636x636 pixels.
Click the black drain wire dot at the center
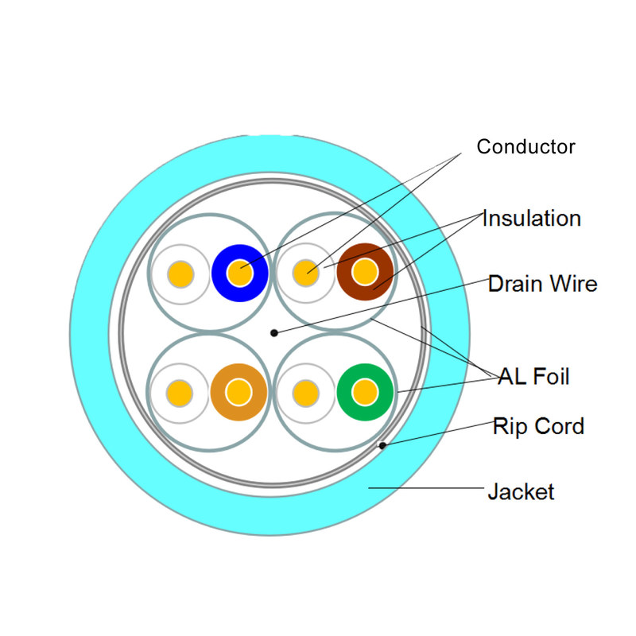[273, 332]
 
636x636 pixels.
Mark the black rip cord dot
[382, 445]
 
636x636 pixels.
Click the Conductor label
[525, 147]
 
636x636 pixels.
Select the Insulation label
[532, 218]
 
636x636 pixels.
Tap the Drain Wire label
[543, 283]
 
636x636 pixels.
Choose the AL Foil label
[533, 376]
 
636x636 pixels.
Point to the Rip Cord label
[538, 426]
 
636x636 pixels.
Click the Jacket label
[521, 492]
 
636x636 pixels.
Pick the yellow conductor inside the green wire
[365, 392]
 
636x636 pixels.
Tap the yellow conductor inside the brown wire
[365, 273]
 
